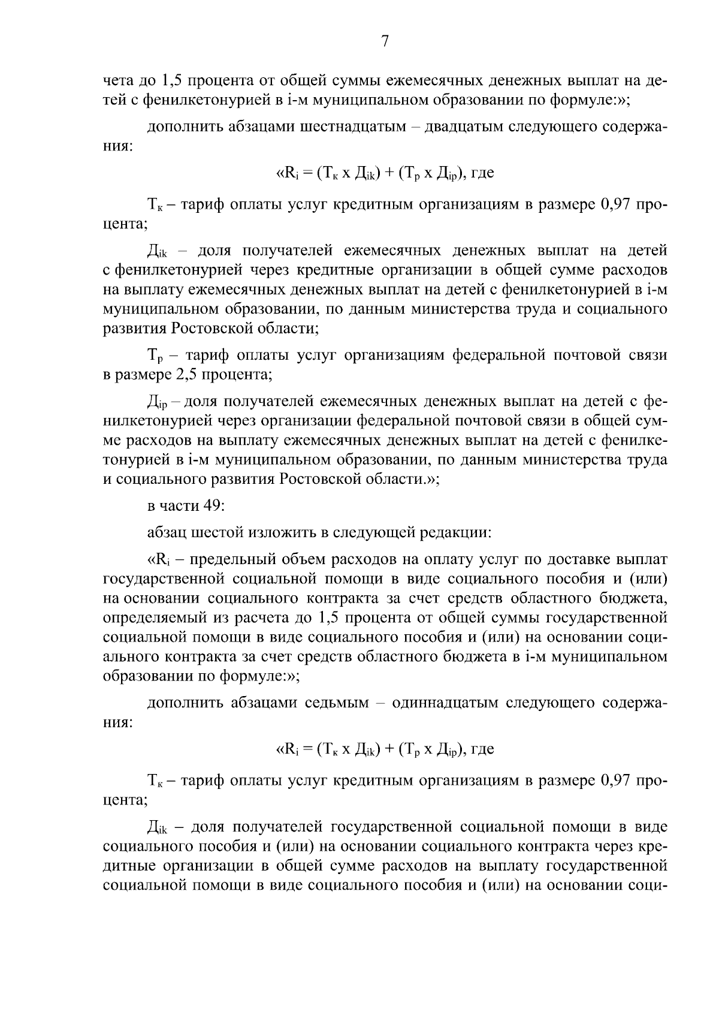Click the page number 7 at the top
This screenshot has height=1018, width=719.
[x=385, y=41]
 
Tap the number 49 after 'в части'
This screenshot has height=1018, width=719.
[x=213, y=505]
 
